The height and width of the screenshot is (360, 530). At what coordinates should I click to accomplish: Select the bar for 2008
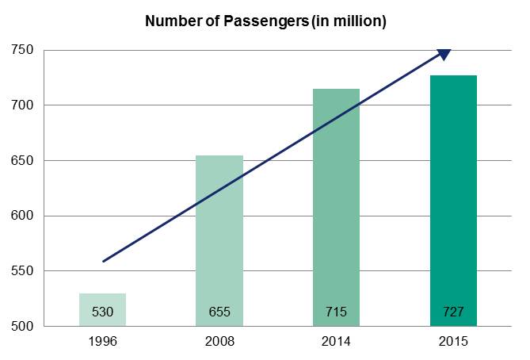(219, 238)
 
